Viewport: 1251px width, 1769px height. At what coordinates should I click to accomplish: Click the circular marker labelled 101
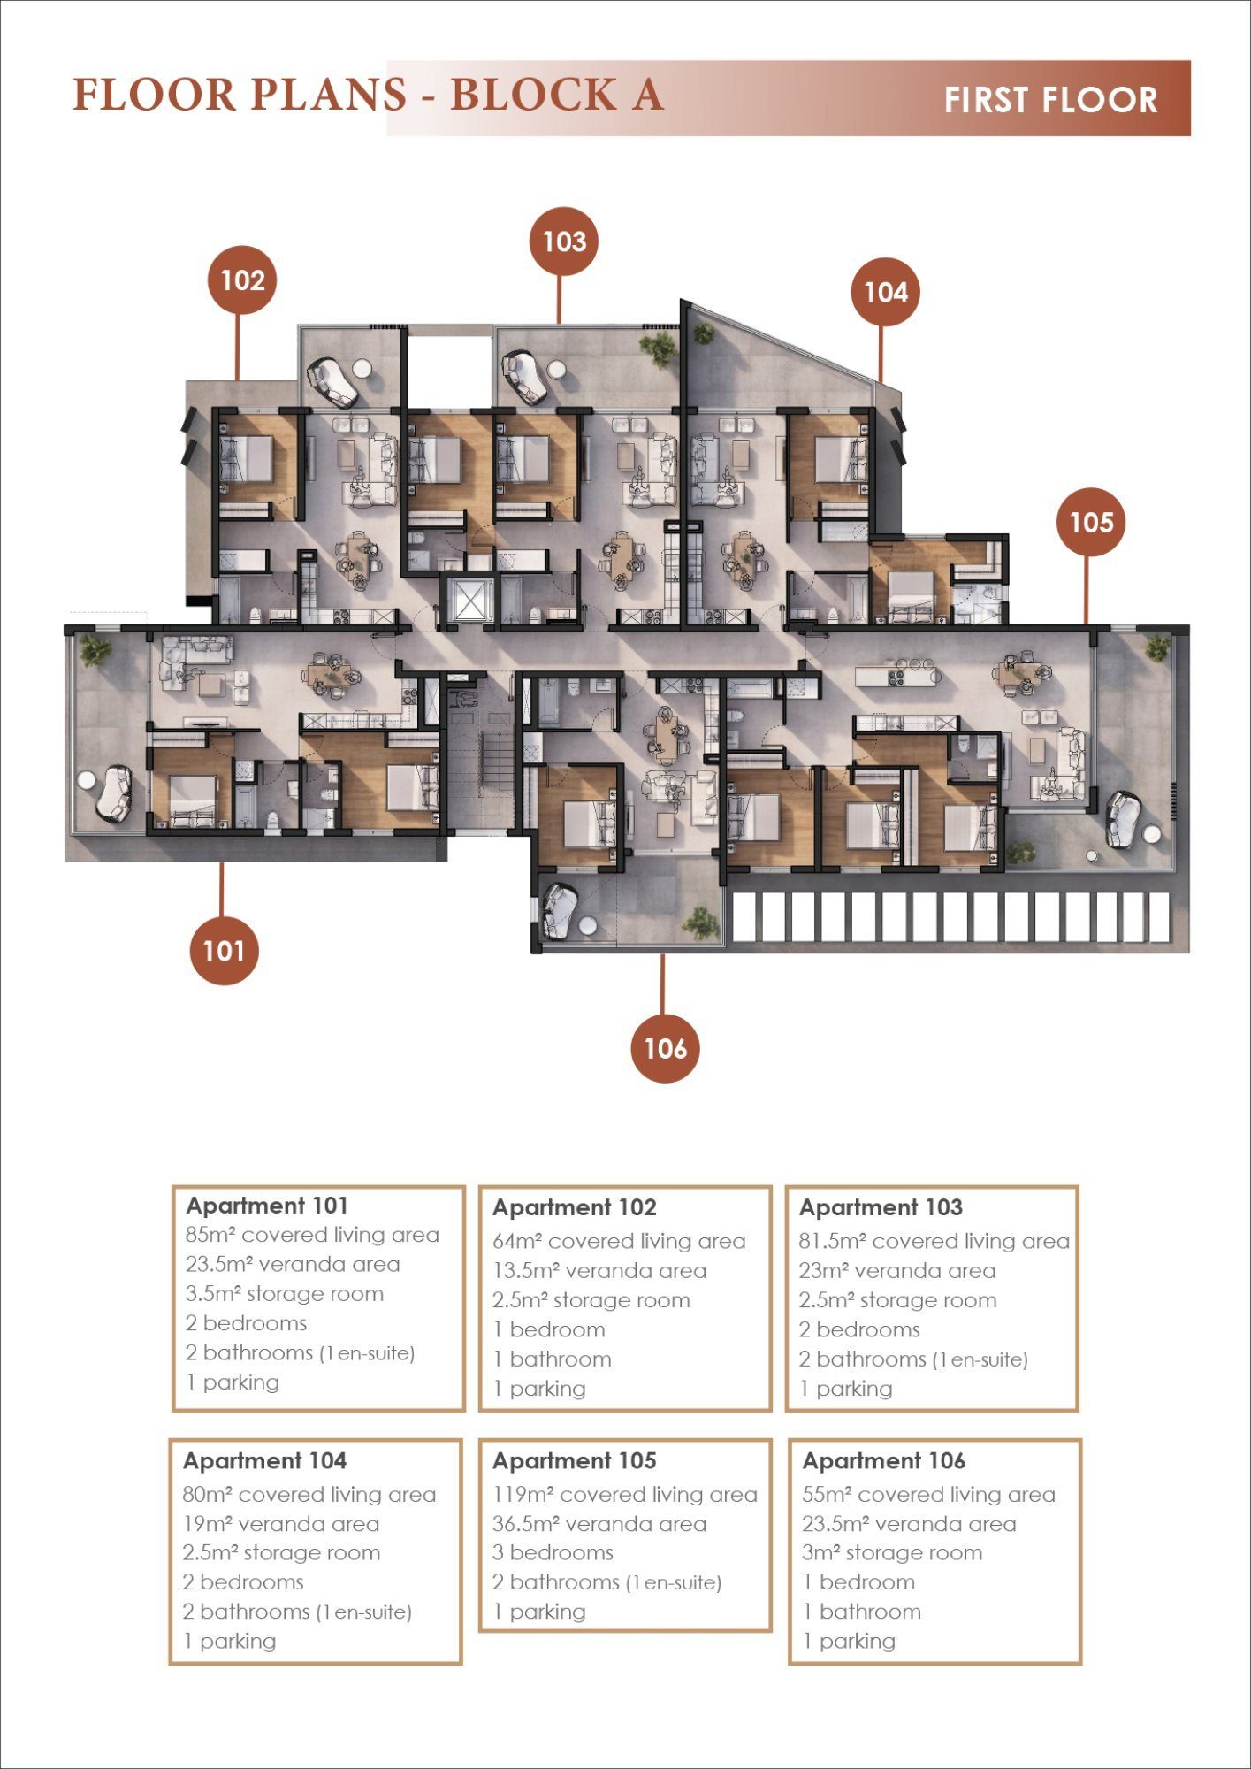224,951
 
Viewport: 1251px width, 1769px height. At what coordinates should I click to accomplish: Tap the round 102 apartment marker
242,280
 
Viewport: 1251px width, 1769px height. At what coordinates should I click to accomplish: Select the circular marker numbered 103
564,241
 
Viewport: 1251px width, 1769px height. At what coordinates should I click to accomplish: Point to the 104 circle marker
885,292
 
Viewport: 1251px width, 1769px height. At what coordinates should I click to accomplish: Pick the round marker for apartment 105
1091,522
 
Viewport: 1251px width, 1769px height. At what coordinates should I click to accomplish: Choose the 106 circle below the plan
665,1048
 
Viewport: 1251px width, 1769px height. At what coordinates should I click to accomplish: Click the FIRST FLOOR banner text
1050,100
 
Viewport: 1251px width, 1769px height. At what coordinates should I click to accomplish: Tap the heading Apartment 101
267,1206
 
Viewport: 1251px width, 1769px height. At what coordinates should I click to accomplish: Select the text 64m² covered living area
619,1241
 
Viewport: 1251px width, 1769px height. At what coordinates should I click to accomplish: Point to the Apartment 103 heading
881,1207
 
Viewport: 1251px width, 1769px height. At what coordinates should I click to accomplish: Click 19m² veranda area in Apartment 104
281,1523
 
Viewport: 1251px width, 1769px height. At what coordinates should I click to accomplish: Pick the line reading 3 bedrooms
553,1552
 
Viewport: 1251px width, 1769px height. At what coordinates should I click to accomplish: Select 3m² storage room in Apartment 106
892,1552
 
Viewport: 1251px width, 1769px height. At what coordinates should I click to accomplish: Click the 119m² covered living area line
625,1494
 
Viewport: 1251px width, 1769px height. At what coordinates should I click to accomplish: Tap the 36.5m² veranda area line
599,1523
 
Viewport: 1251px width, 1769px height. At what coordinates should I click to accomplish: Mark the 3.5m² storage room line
285,1293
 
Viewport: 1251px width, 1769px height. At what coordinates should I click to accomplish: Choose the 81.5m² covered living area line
934,1241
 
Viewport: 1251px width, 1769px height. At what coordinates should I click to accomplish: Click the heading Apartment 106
883,1460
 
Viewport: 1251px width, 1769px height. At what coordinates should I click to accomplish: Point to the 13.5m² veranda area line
599,1270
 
